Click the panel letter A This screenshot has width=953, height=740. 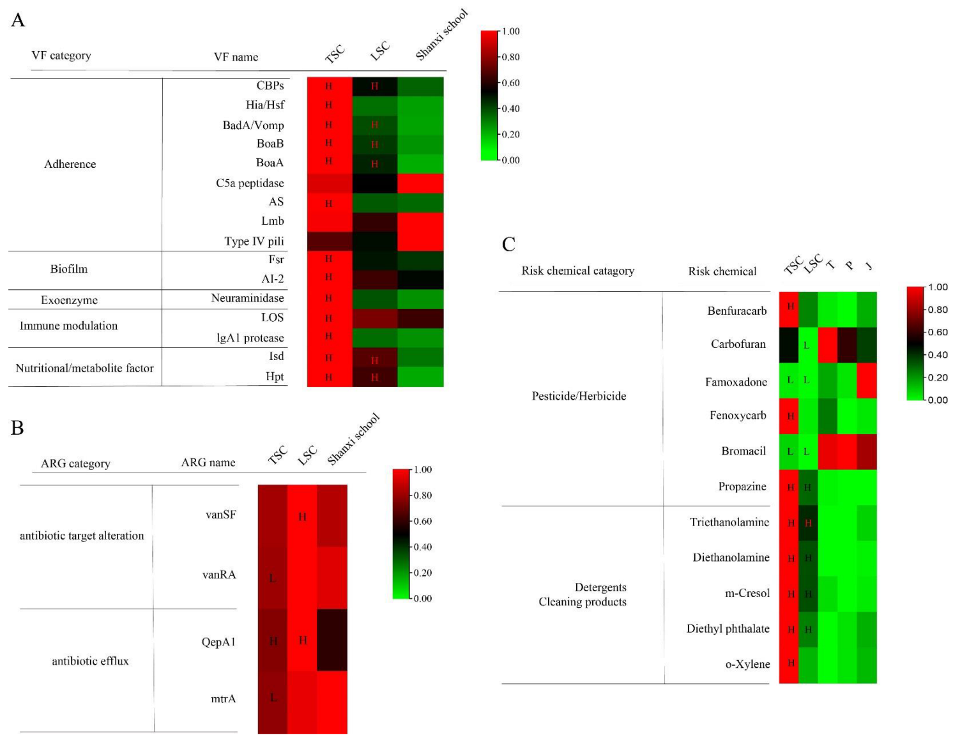tap(18, 20)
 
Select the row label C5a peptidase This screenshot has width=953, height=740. tap(250, 183)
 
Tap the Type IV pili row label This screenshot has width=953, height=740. tap(254, 241)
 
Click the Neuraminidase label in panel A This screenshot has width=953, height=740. tap(247, 298)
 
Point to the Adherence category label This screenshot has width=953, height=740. tap(70, 164)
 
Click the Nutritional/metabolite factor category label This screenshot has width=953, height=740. tap(84, 368)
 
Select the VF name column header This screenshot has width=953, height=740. tap(236, 57)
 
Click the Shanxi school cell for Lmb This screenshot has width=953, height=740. tap(420, 222)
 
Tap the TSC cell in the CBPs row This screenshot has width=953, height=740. tap(329, 86)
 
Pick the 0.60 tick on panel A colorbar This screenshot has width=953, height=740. tap(510, 83)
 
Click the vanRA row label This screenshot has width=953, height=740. tap(219, 575)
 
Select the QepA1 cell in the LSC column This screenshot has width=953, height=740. tap(302, 640)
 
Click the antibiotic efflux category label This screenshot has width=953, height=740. tap(90, 661)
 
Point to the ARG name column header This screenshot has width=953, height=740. tap(208, 462)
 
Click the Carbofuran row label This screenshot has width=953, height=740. tap(738, 344)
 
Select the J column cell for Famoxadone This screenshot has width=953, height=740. tap(867, 381)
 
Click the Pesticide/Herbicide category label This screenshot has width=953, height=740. tap(579, 396)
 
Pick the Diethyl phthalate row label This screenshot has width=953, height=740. tap(728, 629)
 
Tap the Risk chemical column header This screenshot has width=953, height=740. tap(722, 271)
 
